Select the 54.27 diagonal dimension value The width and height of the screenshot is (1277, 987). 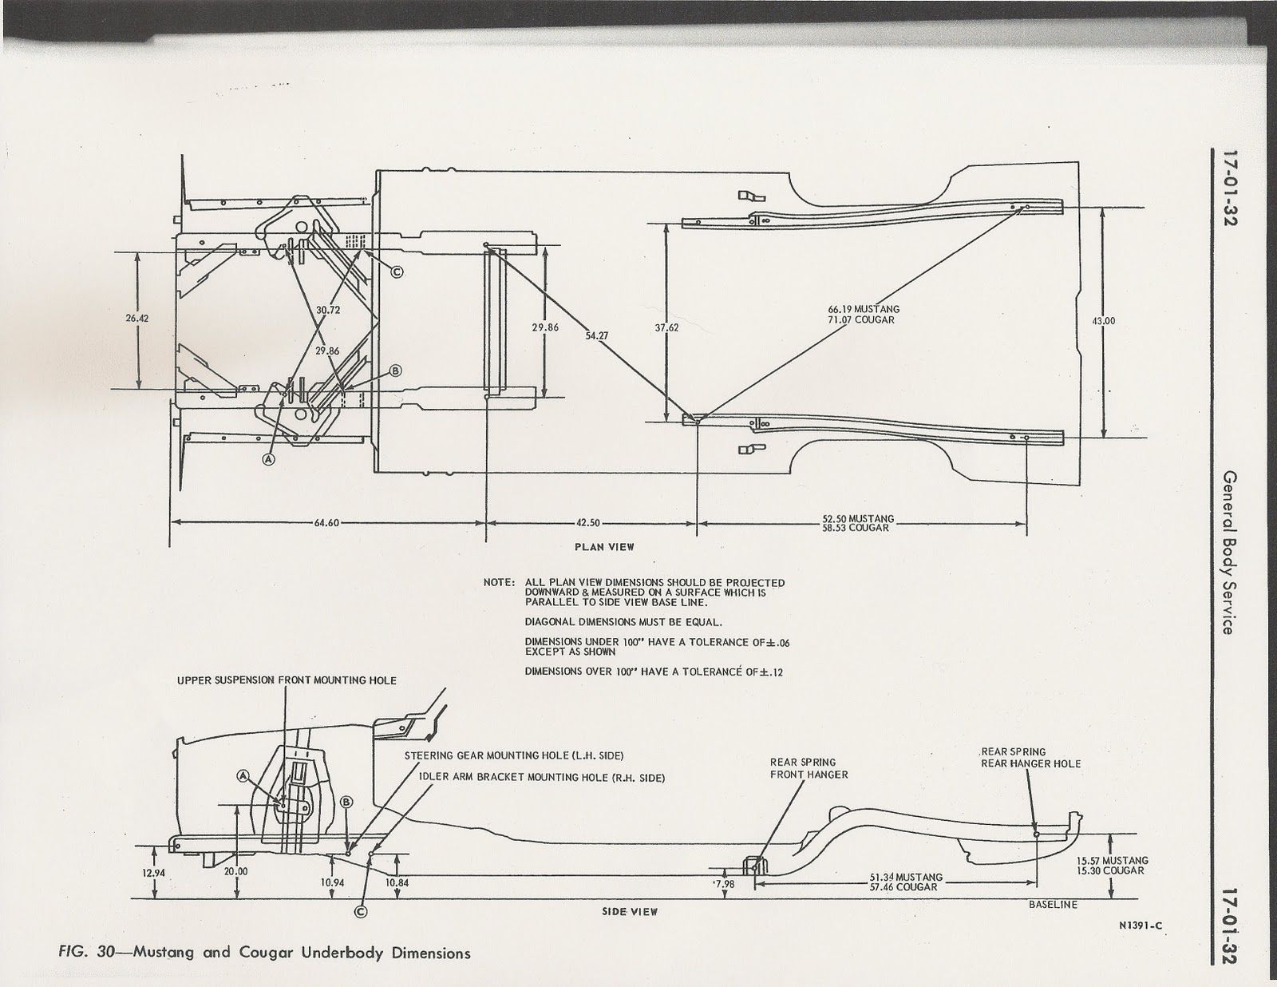(596, 336)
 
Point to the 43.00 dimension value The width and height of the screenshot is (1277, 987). (1102, 321)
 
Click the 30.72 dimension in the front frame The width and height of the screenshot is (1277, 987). (328, 310)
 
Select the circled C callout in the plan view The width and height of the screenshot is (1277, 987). (397, 272)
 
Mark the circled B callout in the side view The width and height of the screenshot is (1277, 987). (346, 802)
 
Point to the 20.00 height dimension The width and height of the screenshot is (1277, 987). (235, 871)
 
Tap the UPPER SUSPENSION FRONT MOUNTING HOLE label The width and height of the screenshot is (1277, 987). (287, 680)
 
